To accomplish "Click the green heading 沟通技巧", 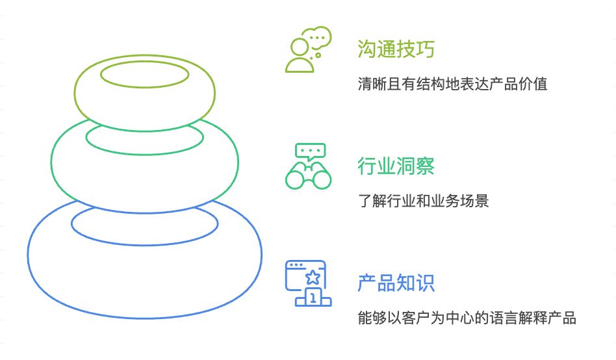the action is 396,49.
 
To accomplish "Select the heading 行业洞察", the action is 396,166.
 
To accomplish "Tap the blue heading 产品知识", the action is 396,283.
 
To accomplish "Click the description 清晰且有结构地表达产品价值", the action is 452,84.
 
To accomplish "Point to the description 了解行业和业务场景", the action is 423,201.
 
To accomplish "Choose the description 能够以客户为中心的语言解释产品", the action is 467,318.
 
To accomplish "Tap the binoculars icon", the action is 309,175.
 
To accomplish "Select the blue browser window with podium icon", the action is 309,283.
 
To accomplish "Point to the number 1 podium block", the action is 313,298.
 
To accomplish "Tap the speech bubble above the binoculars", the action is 309,152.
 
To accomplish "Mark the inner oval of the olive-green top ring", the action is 144,74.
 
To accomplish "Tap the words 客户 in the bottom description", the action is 416,318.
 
